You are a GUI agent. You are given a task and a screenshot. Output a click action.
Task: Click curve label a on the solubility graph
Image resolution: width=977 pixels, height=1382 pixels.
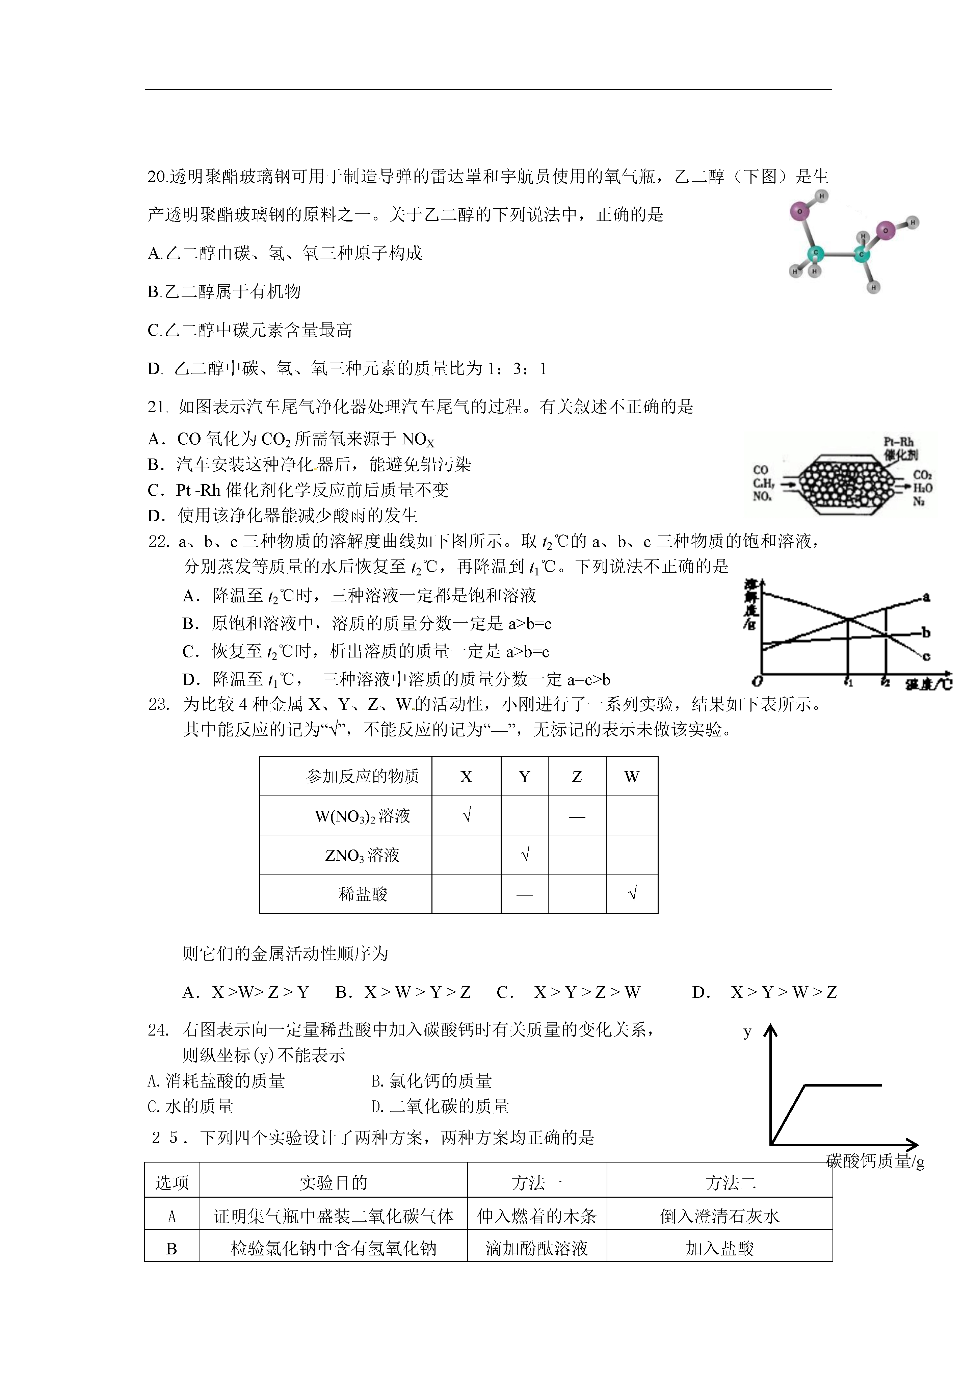(x=926, y=597)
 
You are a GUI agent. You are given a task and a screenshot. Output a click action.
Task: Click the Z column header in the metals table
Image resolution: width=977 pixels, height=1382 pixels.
(x=577, y=777)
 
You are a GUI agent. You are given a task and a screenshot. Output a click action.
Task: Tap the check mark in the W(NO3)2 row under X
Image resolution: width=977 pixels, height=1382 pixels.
(x=467, y=816)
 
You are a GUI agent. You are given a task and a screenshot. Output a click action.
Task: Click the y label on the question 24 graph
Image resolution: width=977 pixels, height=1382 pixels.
(x=747, y=1032)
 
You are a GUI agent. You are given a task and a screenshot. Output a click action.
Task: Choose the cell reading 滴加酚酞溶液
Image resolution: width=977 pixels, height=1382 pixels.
(x=536, y=1248)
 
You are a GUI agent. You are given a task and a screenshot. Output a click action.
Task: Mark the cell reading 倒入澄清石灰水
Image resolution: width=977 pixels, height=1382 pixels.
(x=719, y=1217)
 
